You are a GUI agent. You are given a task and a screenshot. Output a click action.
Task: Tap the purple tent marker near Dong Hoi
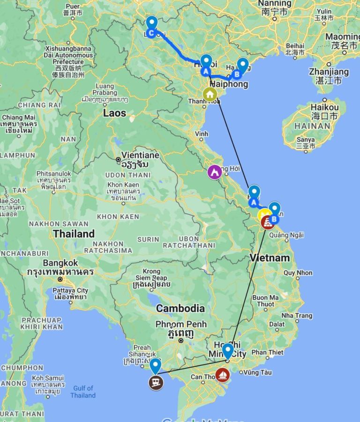pos(215,172)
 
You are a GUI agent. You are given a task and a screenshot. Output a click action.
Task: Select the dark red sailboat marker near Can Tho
pos(223,375)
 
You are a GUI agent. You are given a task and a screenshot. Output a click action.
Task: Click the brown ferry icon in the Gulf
pos(156,382)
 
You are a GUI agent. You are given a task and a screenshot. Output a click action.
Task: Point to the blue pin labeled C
pos(151,26)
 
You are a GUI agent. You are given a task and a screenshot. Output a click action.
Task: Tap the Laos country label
pos(115,113)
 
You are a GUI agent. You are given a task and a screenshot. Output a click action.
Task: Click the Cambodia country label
pos(180,308)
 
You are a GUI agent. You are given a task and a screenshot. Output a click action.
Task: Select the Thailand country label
pos(74,233)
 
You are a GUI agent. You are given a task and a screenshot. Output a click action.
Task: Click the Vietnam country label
pos(270,258)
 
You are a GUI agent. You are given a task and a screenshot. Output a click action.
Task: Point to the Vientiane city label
pos(140,155)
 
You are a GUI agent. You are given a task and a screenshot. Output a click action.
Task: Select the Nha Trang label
pos(297,316)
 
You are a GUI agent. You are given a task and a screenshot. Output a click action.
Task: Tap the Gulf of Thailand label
pos(83,392)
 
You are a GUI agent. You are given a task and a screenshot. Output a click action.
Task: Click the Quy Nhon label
pos(298,273)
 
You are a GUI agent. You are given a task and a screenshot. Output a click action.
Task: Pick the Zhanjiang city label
pos(329,72)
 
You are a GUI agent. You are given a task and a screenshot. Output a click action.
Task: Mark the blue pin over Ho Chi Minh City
pos(227,351)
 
